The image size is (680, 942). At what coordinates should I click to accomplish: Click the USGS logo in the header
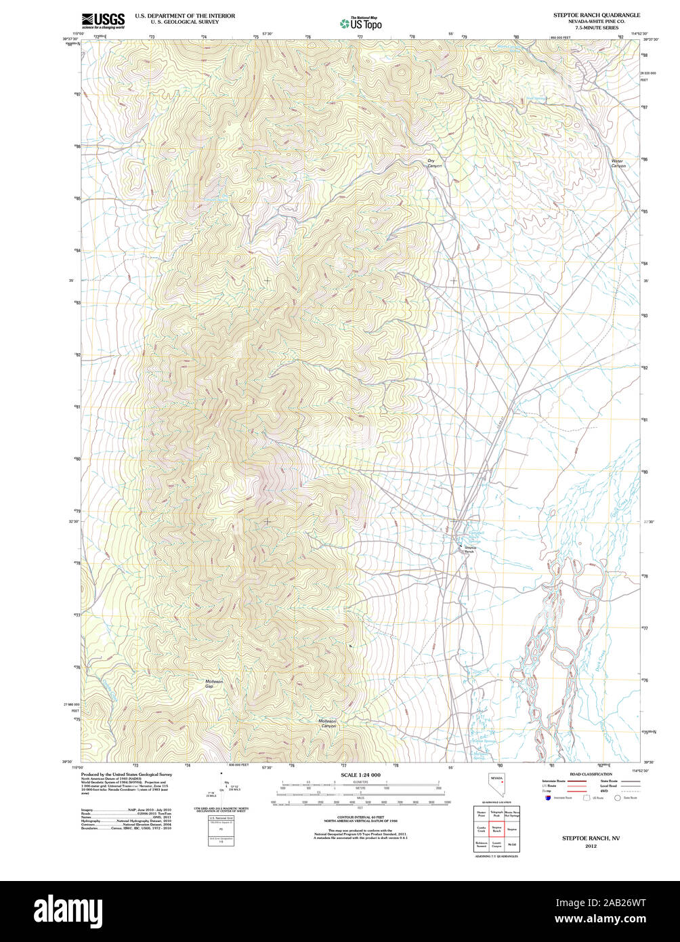[102, 21]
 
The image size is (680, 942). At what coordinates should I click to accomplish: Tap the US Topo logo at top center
[361, 24]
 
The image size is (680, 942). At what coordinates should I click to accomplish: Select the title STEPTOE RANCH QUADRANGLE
[597, 15]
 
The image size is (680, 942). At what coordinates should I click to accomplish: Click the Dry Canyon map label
[434, 163]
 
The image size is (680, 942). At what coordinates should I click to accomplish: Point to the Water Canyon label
[618, 163]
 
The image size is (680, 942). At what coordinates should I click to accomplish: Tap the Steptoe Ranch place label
[470, 550]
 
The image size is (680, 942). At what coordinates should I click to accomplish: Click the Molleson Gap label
[214, 684]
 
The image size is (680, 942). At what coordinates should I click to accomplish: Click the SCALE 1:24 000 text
[360, 775]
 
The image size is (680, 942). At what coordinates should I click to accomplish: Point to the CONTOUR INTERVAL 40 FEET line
[360, 818]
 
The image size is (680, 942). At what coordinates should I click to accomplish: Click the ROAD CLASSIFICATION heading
[591, 774]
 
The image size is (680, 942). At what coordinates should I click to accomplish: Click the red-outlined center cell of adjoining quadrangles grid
[496, 830]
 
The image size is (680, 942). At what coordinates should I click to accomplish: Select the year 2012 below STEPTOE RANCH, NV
[591, 846]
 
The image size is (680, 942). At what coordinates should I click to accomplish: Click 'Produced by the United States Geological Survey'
[127, 774]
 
